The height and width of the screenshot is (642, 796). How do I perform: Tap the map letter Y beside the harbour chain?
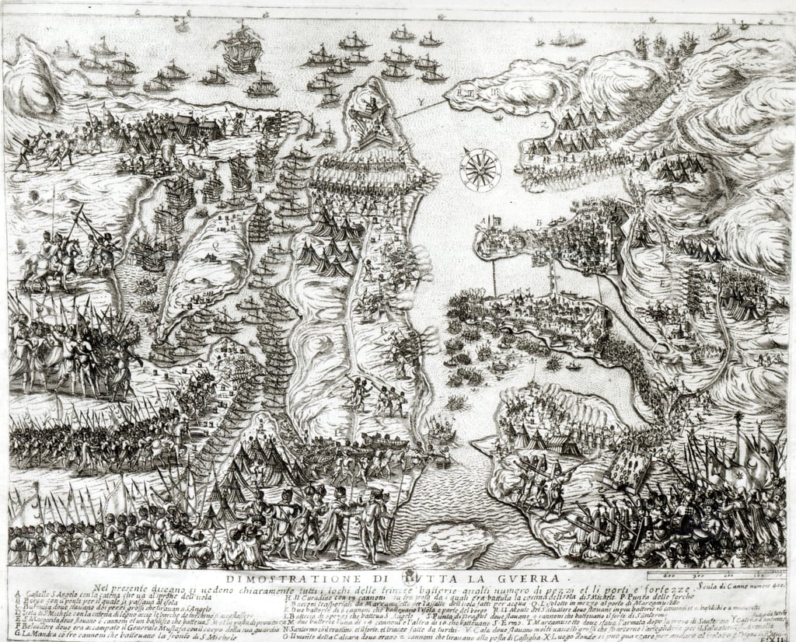(421, 102)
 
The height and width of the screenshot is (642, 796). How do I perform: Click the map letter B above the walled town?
(538, 222)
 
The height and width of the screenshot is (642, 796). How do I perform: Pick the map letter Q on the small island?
(215, 241)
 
